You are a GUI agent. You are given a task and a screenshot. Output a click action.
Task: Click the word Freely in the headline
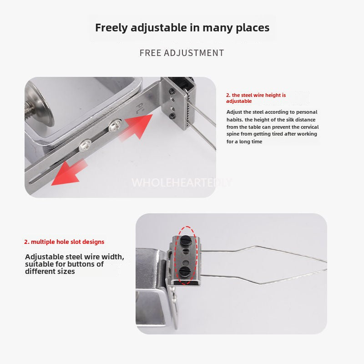click(111, 28)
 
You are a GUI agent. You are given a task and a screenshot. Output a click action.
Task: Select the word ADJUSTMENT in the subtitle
click(194, 53)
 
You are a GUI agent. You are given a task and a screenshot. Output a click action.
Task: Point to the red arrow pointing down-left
click(69, 173)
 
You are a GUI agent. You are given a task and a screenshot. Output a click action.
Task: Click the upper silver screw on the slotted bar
click(115, 126)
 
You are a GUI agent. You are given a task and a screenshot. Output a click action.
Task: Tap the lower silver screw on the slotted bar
click(85, 145)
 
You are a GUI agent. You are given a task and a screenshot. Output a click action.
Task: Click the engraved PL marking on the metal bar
click(141, 107)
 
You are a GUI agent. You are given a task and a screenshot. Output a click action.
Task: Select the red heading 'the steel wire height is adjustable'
click(256, 98)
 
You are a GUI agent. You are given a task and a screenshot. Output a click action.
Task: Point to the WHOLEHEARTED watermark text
click(181, 183)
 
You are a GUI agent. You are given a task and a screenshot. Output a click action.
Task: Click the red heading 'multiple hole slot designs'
click(64, 242)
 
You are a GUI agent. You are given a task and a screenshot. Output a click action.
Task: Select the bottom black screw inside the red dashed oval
click(185, 271)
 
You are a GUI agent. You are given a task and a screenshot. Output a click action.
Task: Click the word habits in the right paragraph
click(234, 120)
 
